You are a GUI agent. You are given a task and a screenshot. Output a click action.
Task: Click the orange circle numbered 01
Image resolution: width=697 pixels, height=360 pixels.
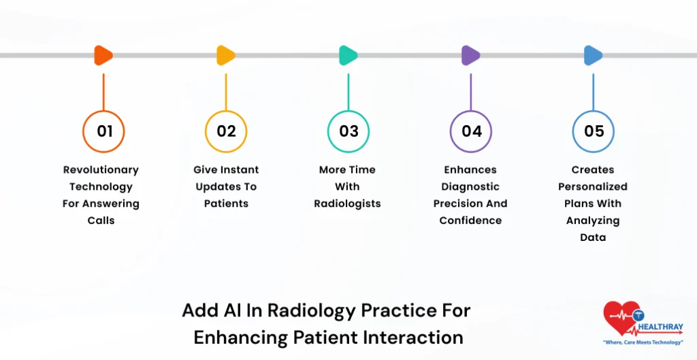point(103,131)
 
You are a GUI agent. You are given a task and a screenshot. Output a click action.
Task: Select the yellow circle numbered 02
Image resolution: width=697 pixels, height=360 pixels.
point(226,131)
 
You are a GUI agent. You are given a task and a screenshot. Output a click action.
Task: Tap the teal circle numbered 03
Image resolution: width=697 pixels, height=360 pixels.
point(348,131)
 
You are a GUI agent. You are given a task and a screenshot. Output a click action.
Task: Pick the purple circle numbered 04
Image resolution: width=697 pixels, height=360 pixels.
point(471,131)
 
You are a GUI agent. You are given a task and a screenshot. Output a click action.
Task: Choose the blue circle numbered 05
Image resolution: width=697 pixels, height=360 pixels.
point(594,131)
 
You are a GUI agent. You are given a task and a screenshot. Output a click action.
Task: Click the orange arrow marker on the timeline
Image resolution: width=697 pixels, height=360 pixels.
point(103,55)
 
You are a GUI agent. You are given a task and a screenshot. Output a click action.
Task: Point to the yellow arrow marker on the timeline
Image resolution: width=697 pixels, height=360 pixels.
point(225,55)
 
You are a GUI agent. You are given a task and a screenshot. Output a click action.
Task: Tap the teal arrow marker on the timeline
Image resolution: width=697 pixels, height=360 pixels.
point(348,55)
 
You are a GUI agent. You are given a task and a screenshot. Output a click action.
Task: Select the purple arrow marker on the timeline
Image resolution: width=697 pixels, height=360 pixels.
point(470,55)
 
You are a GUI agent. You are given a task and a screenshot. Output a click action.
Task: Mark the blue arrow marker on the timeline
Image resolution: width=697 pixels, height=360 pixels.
point(593,55)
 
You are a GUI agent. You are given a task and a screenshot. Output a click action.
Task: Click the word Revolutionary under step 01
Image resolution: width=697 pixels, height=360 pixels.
point(101,169)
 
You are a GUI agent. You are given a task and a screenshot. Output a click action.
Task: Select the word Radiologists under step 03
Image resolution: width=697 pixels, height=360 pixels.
point(347,203)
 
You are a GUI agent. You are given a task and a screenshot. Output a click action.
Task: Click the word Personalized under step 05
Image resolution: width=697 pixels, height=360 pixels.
point(593,186)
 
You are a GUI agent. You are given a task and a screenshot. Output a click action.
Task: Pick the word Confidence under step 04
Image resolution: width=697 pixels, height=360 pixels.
point(470,220)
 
